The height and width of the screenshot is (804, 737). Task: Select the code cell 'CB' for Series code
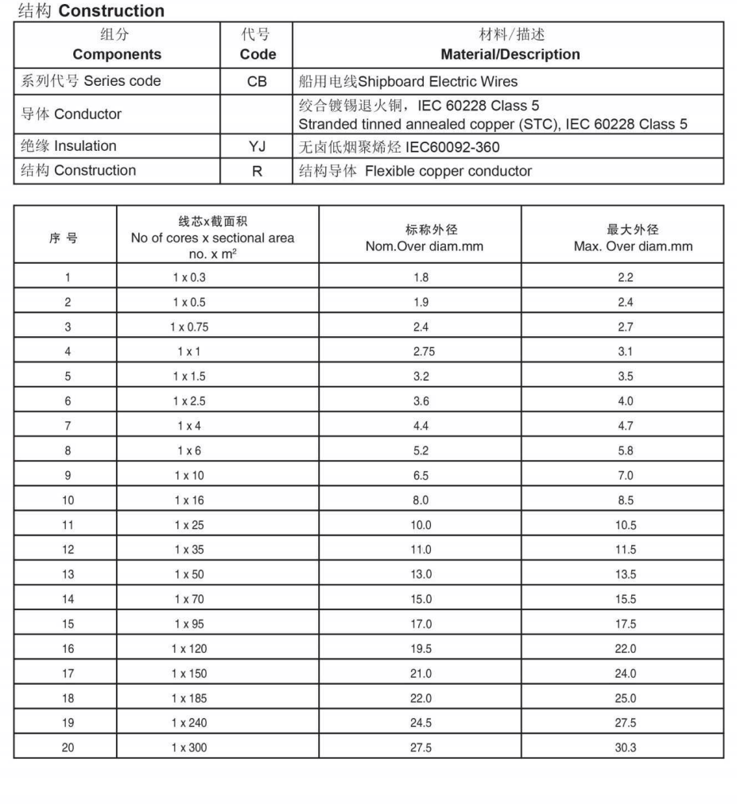[257, 81]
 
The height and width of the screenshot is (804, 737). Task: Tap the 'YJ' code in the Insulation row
[257, 146]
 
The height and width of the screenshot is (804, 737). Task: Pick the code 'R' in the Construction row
[257, 171]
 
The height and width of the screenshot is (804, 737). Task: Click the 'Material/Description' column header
[510, 54]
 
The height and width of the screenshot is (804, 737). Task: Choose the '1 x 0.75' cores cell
[189, 327]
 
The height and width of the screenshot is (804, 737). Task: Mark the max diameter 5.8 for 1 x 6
[625, 450]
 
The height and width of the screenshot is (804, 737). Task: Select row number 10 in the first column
[68, 501]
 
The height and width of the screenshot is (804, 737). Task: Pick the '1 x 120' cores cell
[189, 649]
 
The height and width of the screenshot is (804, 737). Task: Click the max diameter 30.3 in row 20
[625, 748]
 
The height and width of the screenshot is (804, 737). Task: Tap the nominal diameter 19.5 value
[421, 649]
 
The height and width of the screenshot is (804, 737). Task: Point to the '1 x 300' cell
[189, 748]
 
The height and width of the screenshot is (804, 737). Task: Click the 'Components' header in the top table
[116, 54]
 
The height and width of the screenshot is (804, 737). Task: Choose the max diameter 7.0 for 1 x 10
[625, 476]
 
